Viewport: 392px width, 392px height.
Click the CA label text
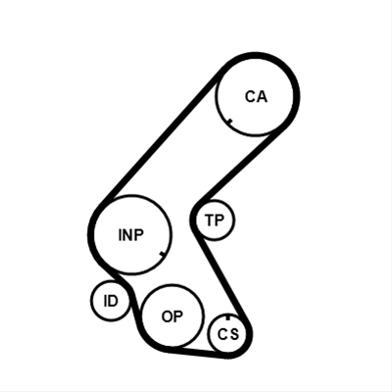(x=256, y=97)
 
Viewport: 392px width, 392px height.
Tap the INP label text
(x=131, y=235)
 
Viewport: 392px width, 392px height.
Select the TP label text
(x=215, y=220)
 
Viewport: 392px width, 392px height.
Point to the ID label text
(x=111, y=301)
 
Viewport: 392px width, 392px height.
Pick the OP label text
(x=172, y=317)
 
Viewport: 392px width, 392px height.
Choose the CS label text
(x=228, y=334)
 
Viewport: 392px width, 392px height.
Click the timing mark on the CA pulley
(x=229, y=122)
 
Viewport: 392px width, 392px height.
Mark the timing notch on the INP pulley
(x=163, y=254)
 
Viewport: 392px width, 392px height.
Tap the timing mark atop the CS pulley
(x=228, y=318)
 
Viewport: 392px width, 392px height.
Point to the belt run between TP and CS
(x=222, y=276)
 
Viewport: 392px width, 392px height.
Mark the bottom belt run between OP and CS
(x=199, y=353)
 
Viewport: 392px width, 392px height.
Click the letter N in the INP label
(x=127, y=235)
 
